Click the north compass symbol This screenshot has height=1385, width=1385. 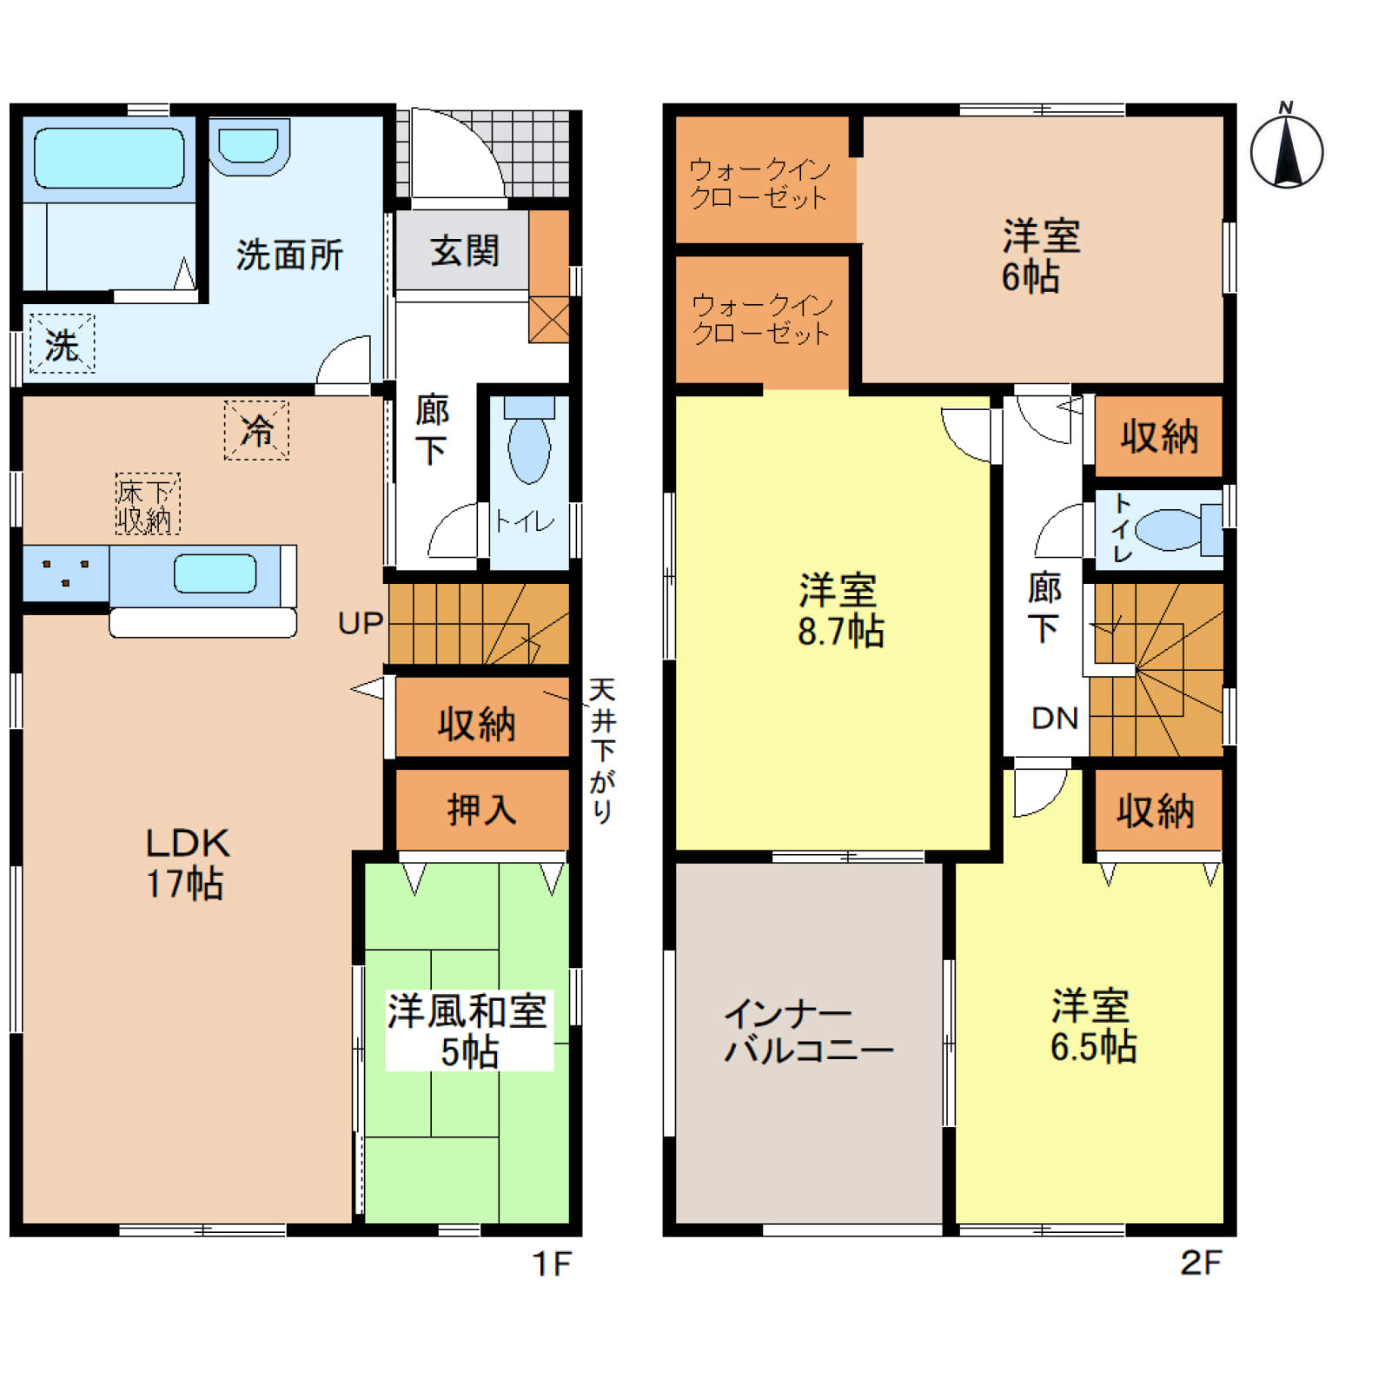1286,148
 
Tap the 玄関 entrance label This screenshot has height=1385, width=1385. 465,251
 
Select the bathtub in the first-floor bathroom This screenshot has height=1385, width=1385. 109,158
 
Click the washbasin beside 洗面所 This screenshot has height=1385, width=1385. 249,146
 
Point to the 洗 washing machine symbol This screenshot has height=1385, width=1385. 62,344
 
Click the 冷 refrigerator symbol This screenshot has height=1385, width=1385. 256,429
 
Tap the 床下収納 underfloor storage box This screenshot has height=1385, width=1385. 148,504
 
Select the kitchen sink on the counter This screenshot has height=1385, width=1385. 215,574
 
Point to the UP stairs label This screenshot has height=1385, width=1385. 361,623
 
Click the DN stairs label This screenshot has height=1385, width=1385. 1055,718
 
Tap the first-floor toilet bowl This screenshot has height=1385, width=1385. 529,441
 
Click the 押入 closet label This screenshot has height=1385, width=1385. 482,810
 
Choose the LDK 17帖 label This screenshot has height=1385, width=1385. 186,863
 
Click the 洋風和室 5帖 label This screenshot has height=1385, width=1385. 467,1030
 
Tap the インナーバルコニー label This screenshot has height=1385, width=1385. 808,1031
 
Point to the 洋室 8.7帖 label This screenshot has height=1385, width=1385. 840,611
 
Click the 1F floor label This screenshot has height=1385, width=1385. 551,1264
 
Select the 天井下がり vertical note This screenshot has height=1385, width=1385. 602,750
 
